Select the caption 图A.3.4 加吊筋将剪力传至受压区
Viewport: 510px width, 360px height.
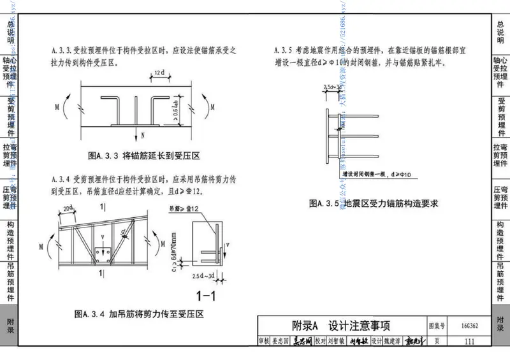[138, 313]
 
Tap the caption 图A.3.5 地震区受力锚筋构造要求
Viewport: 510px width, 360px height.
[375, 204]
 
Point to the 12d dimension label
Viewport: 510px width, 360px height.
[159, 75]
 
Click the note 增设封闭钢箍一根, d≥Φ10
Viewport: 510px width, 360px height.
[370, 173]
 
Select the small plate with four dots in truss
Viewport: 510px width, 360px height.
[100, 253]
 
